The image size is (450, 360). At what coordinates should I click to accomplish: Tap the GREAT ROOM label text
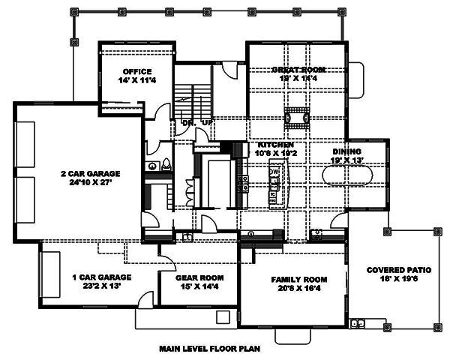298,70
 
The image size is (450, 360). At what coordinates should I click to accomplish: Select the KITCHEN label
276,145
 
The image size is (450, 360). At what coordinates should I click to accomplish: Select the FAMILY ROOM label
298,279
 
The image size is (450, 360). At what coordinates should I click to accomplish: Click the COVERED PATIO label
397,270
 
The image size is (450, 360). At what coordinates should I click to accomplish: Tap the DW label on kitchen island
274,172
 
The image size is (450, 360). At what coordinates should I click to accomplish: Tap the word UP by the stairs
207,122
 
